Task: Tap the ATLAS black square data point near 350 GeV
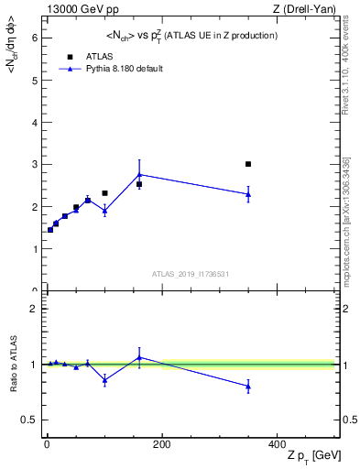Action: [248, 164]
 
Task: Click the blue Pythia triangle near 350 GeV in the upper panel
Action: [248, 194]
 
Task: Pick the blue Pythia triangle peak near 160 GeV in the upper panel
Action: [139, 174]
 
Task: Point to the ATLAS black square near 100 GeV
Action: [104, 193]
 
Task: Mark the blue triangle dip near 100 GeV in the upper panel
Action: [104, 211]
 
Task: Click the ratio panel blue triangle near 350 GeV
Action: [248, 387]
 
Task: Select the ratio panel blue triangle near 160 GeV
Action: [139, 356]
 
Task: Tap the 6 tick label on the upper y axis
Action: [33, 38]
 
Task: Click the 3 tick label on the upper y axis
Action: [33, 165]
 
